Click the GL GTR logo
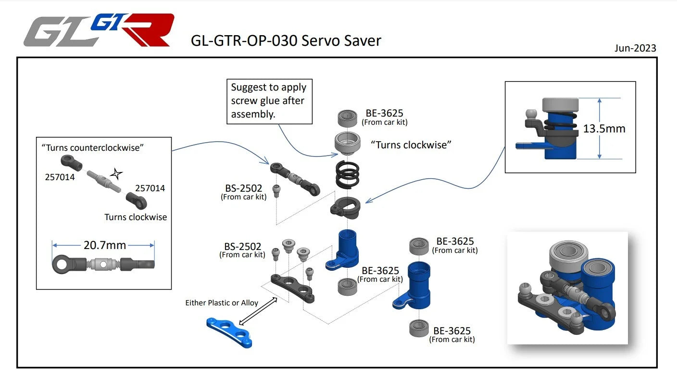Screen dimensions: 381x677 pyautogui.click(x=99, y=30)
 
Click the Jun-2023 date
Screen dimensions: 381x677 pyautogui.click(x=635, y=48)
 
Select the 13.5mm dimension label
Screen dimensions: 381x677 pyautogui.click(x=604, y=129)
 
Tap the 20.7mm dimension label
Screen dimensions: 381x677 pyautogui.click(x=104, y=245)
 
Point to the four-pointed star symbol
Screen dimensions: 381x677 pyautogui.click(x=116, y=173)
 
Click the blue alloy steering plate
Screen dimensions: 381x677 pyautogui.click(x=229, y=331)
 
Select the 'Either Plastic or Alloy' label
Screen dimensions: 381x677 pyautogui.click(x=222, y=303)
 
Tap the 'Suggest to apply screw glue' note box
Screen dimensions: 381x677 pyautogui.click(x=269, y=101)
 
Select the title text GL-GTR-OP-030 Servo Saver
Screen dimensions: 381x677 pyautogui.click(x=286, y=40)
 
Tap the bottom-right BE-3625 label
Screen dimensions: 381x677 pyautogui.click(x=452, y=331)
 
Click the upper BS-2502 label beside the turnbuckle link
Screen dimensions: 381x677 pyautogui.click(x=243, y=189)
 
